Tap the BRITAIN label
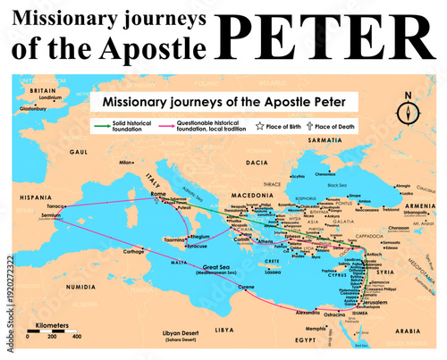tap(44, 91)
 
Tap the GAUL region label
tap(81, 153)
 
